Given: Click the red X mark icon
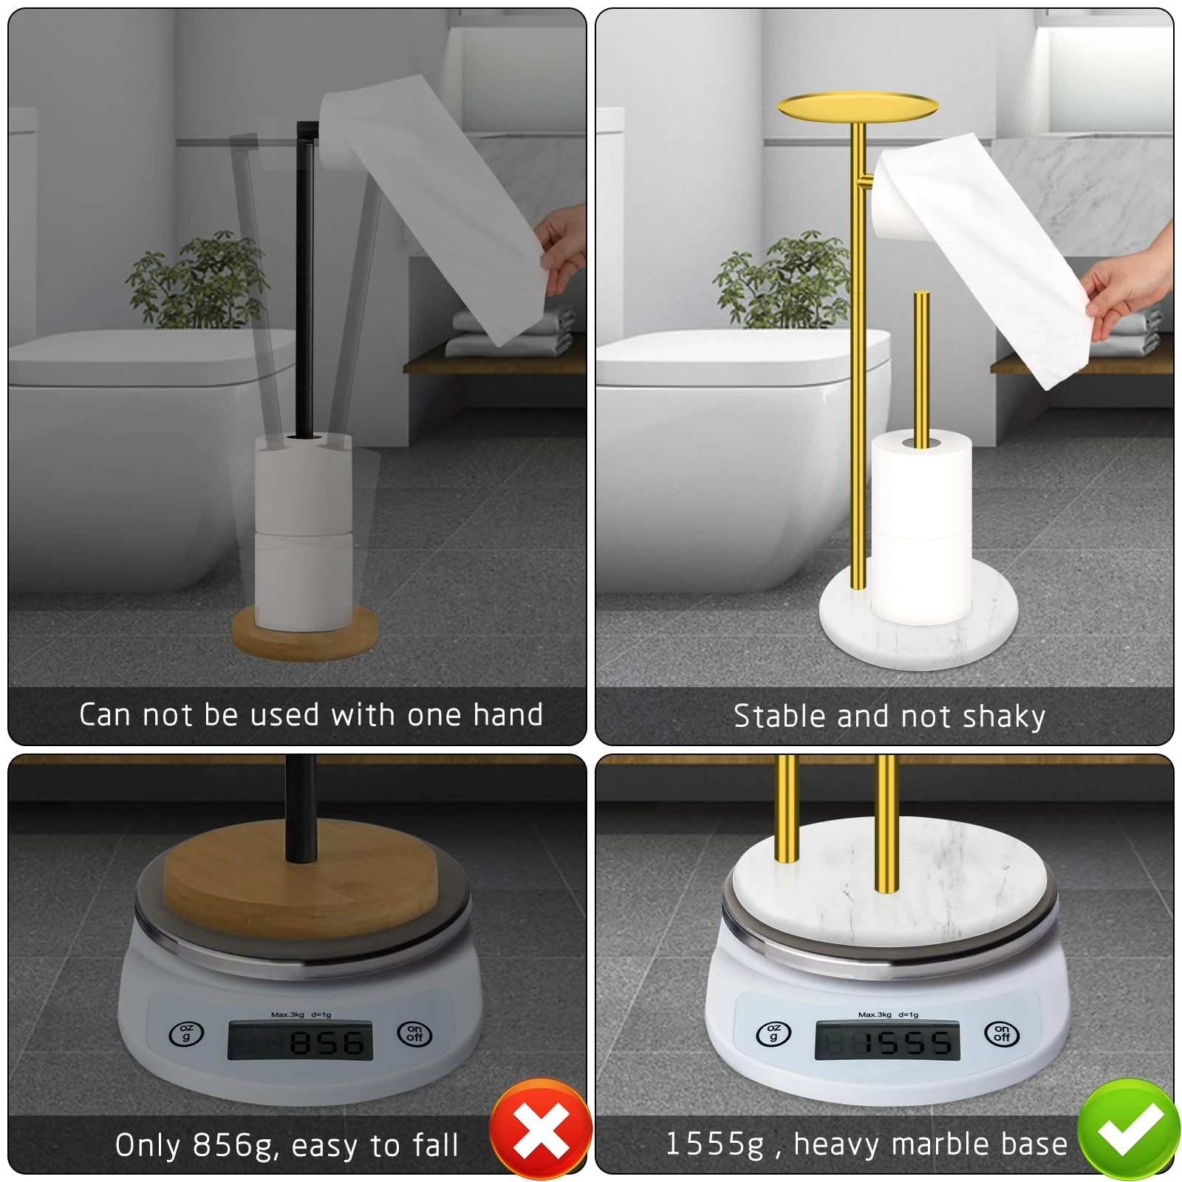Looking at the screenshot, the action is pos(541,1129).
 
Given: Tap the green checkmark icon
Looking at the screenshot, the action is pos(1129,1129).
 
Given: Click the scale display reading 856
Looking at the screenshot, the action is pos(300,1042).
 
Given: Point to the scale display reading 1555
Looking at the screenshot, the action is pos(887,1042).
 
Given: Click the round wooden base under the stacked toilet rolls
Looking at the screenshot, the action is pos(304,633).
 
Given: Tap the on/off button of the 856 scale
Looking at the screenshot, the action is pos(414,1034).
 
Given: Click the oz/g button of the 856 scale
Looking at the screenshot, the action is pos(186,1034).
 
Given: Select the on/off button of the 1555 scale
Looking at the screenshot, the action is pos(1002,1034).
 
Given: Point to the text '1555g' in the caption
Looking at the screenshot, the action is pos(715,1144).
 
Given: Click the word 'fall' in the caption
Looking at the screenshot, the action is pos(436,1145).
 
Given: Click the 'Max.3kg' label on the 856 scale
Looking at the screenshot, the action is pos(287,1014).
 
